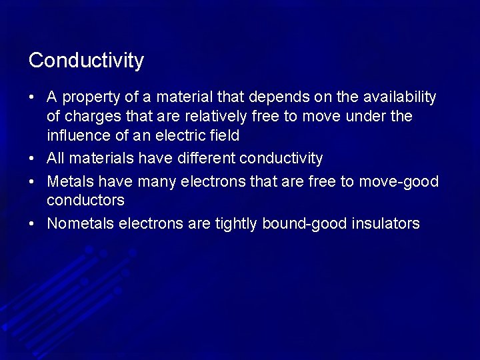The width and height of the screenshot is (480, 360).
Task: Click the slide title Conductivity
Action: tap(86, 61)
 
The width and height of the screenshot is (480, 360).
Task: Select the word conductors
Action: tap(85, 200)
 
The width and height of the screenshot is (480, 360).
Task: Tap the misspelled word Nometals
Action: tap(80, 223)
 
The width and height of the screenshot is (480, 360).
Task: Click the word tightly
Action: tap(237, 224)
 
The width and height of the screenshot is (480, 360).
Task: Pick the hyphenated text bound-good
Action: tap(305, 224)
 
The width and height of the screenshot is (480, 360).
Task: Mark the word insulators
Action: tap(386, 223)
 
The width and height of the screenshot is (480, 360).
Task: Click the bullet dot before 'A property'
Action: tap(32, 98)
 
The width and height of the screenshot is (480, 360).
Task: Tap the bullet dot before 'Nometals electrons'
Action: tap(32, 224)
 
